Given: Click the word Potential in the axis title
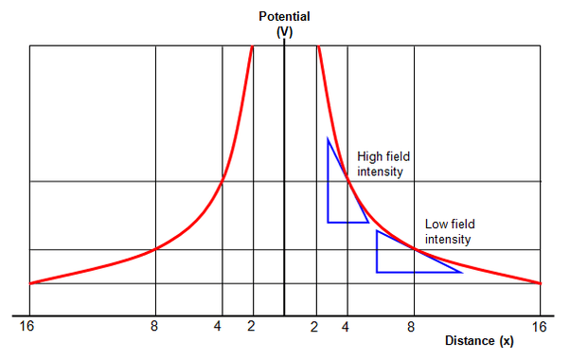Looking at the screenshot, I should coord(284,16).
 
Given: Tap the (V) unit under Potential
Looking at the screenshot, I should coord(284,31).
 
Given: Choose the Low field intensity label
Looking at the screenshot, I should coord(449,231).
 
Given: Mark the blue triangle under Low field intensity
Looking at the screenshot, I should coord(402,257).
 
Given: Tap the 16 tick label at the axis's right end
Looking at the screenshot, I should coord(541,327).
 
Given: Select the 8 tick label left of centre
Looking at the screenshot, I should coord(154,327).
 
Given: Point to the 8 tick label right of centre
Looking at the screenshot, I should coord(411,327).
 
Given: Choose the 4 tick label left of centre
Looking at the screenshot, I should coord(219,327).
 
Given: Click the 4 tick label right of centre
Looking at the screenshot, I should coord(346,327).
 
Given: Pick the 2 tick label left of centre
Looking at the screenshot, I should coord(251,327).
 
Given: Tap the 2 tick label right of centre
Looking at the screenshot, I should coord(314,327).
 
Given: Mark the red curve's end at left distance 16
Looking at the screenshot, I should coord(30,282).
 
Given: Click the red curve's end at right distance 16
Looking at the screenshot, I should coord(540,282).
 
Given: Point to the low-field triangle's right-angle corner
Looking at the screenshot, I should coord(377,272).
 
